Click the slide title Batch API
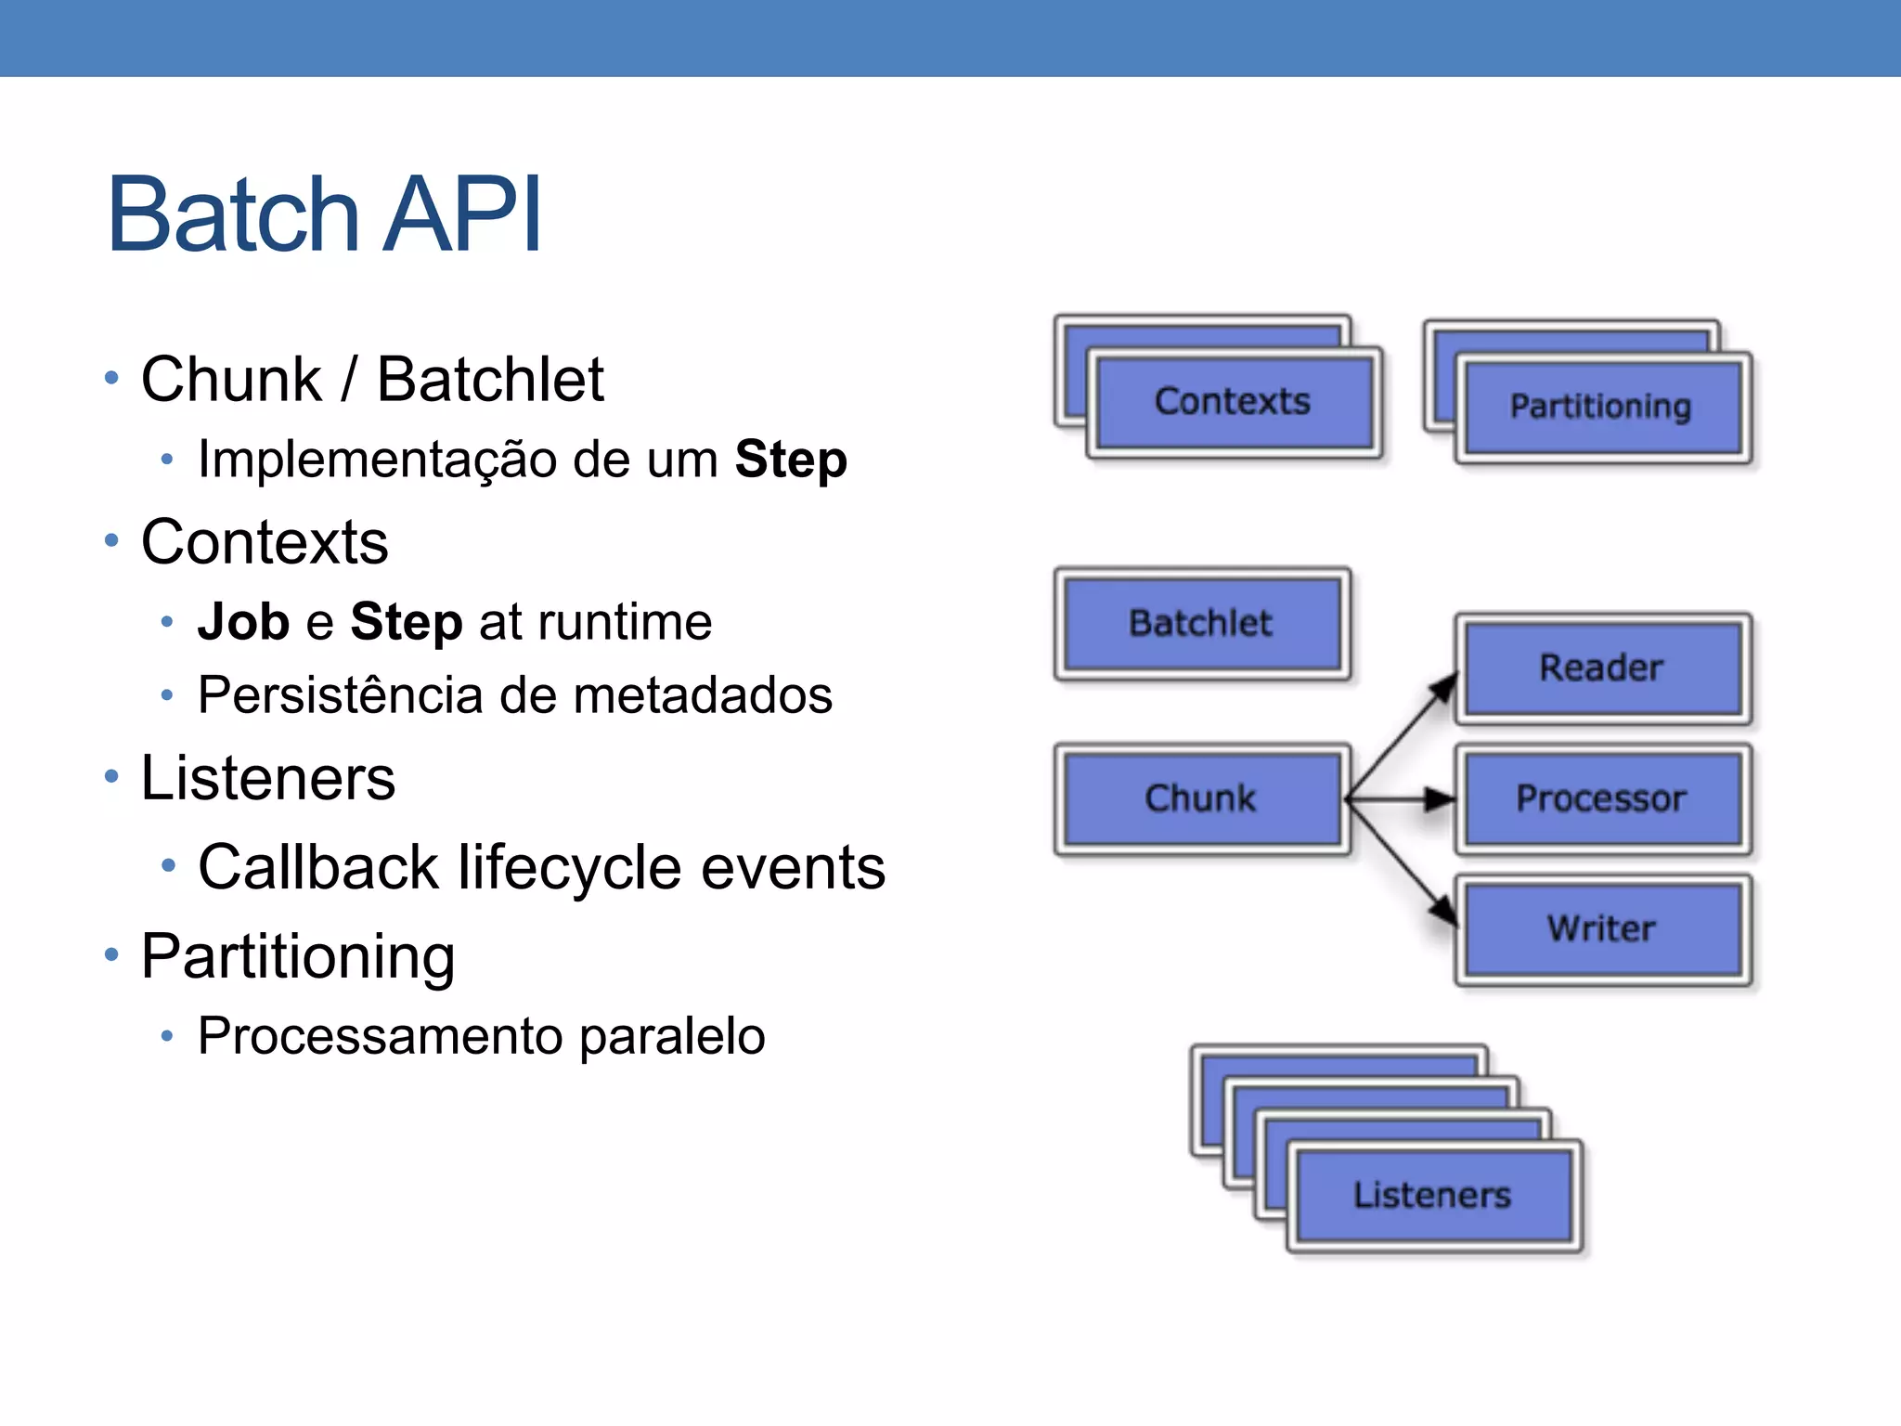[324, 215]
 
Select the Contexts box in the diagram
[1233, 402]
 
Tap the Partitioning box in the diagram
[1601, 407]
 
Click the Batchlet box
[1201, 623]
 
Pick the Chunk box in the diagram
[1201, 798]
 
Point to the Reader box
[1601, 668]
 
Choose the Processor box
[1601, 798]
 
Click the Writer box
[1601, 928]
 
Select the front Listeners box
[1432, 1195]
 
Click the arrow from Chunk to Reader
[1400, 736]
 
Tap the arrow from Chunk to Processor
[1400, 798]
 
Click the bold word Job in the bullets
[243, 622]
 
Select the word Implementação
[377, 460]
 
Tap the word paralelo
[672, 1036]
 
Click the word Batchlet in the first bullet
[490, 380]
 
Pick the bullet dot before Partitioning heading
[112, 954]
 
